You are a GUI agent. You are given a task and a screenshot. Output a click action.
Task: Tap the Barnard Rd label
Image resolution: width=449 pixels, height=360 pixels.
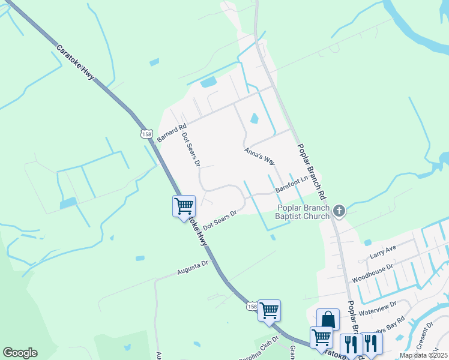[169, 132]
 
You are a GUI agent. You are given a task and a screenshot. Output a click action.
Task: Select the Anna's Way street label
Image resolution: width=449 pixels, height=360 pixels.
[260, 157]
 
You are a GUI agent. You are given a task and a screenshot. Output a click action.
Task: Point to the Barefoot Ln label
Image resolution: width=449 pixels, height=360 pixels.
[291, 182]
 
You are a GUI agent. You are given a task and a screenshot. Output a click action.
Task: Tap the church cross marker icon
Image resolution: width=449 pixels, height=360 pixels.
[339, 210]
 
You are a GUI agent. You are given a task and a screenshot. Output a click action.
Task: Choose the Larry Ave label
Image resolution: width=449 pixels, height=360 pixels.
[383, 251]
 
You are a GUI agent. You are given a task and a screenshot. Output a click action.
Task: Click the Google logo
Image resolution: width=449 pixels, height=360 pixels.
[20, 353]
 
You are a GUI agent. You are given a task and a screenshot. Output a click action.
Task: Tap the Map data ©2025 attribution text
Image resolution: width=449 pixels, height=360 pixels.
[423, 355]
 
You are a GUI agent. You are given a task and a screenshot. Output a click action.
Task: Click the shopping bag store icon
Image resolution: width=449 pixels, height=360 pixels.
[328, 319]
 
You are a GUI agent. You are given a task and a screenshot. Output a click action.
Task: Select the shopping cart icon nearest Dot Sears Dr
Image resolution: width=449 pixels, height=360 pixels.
[184, 206]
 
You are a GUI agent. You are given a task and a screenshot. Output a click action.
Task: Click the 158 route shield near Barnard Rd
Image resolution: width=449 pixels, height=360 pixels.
[146, 134]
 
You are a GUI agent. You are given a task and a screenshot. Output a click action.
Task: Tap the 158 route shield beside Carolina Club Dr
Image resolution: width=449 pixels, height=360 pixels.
[252, 307]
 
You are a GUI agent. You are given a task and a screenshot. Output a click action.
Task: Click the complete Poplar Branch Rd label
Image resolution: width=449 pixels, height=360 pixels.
[311, 172]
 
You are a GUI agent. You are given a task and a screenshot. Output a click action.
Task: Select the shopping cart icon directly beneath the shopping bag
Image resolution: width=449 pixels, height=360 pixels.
[321, 337]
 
